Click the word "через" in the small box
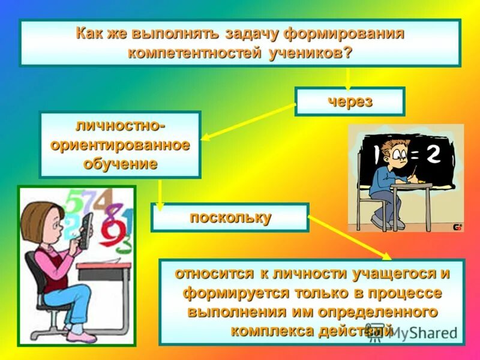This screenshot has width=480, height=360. point(350,101)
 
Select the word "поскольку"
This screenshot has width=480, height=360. point(230,217)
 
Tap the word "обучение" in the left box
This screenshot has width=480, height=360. point(121,163)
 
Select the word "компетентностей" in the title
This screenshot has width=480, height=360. point(194,52)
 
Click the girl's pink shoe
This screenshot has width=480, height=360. point(82,335)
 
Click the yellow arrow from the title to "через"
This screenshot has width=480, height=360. point(347,78)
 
